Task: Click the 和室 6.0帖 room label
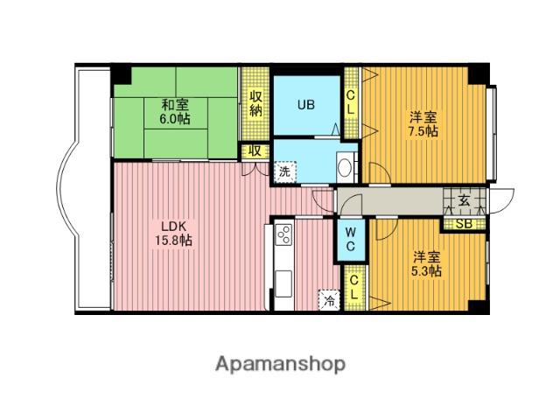point(175,112)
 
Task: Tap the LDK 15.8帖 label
point(173,234)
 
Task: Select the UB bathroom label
point(306,105)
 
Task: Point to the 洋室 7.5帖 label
point(423,123)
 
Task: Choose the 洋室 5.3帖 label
point(426,264)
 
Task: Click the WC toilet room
point(350,240)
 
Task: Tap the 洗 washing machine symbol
point(284,171)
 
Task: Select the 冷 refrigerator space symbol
point(329,299)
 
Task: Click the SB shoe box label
point(464,224)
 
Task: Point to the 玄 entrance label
point(464,200)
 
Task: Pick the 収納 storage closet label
point(255,103)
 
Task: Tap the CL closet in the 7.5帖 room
point(351,102)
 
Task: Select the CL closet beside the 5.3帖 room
point(353,288)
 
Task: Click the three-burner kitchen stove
point(283,234)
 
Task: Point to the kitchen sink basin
point(283,283)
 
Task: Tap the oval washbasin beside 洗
point(345,167)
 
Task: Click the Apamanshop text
point(280,364)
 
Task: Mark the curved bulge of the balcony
point(66,188)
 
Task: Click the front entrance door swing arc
point(505,202)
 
